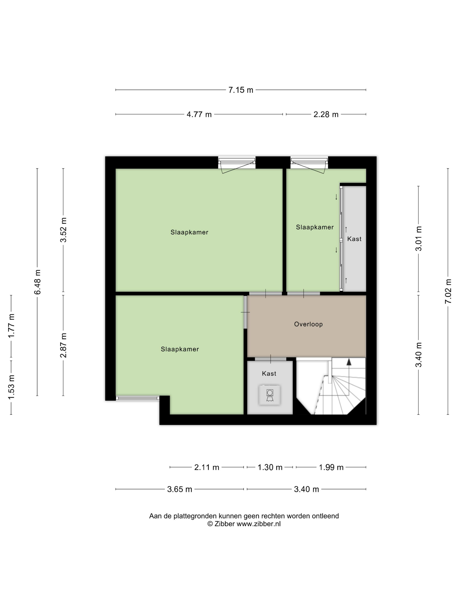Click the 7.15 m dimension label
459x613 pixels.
(x=240, y=90)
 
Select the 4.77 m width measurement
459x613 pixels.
(x=199, y=114)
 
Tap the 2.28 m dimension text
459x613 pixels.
(x=326, y=114)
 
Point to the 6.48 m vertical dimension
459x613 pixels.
(x=37, y=282)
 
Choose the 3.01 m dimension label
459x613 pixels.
(x=419, y=239)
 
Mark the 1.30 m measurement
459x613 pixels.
(x=270, y=467)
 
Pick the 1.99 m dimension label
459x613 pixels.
(x=331, y=467)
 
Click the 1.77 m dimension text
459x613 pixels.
(x=11, y=326)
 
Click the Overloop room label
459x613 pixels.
(x=308, y=324)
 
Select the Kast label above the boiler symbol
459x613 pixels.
(x=269, y=373)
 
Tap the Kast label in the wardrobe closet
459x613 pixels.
(x=354, y=239)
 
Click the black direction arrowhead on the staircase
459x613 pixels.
(x=349, y=362)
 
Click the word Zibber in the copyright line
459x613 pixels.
(x=225, y=524)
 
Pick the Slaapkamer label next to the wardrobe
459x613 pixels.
(x=315, y=227)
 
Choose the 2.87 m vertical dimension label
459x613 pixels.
(x=64, y=345)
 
